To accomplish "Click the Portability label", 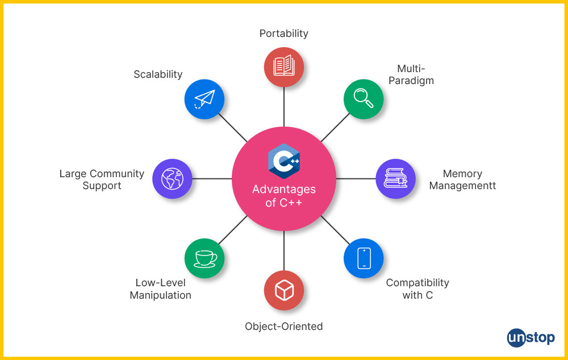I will pyautogui.click(x=284, y=34).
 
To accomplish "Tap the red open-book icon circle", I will pyautogui.click(x=284, y=66).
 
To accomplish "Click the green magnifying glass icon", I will pyautogui.click(x=364, y=98).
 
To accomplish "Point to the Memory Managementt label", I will pyautogui.click(x=462, y=179).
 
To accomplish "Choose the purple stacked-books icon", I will pyautogui.click(x=396, y=178).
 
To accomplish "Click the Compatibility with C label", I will pyautogui.click(x=417, y=288).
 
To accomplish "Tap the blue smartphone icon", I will pyautogui.click(x=364, y=258).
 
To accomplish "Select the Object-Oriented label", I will pyautogui.click(x=284, y=326).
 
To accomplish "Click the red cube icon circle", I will pyautogui.click(x=284, y=291).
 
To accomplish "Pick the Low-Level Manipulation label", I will pyautogui.click(x=160, y=288).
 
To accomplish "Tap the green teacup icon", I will pyautogui.click(x=204, y=258).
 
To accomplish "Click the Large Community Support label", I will pyautogui.click(x=102, y=179).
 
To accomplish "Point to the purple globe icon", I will pyautogui.click(x=173, y=178).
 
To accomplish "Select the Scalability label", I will pyautogui.click(x=158, y=74).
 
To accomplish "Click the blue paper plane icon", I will pyautogui.click(x=204, y=99).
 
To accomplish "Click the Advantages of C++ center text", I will pyautogui.click(x=284, y=196).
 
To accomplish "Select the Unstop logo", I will pyautogui.click(x=531, y=338).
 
